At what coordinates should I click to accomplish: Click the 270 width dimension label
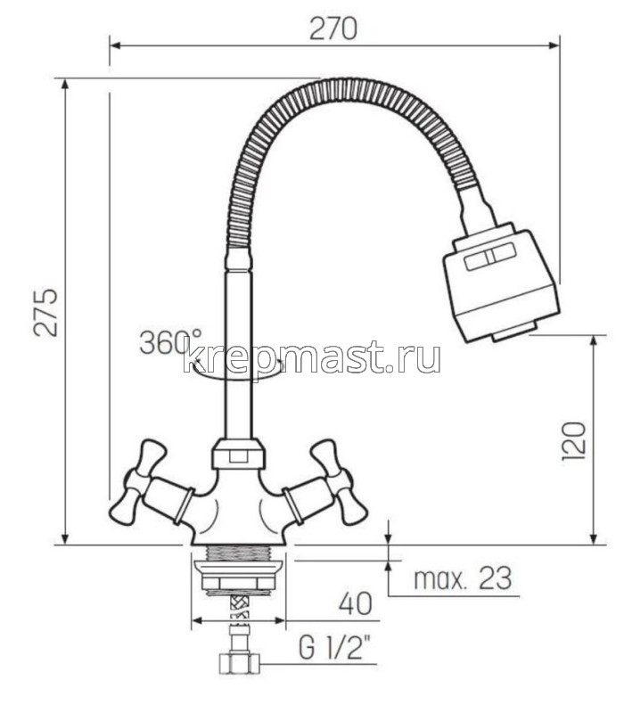333,29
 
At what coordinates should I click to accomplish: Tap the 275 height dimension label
46,311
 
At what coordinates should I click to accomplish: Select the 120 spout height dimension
574,440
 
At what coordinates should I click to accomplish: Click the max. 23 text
464,579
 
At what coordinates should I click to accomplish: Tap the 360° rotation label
169,341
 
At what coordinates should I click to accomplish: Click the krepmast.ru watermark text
311,357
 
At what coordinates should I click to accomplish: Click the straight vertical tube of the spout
237,356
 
